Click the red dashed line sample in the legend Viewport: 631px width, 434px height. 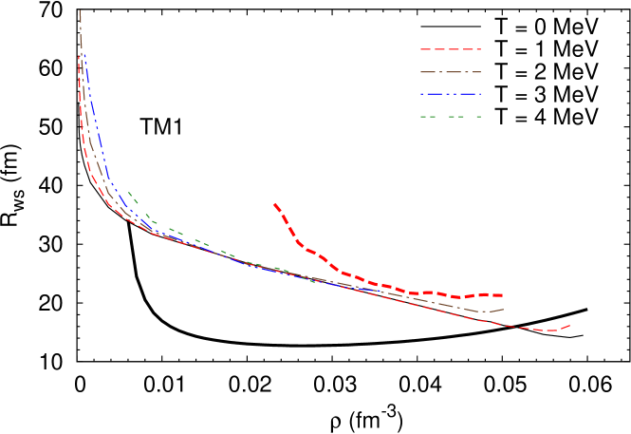[451, 49]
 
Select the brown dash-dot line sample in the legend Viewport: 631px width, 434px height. [451, 72]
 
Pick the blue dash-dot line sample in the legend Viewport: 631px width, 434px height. [451, 94]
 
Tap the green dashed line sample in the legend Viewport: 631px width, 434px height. [451, 117]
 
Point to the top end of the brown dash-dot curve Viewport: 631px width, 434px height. [79, 10]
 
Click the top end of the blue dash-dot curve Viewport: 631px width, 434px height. [84, 54]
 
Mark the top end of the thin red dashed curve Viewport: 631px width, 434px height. [79, 55]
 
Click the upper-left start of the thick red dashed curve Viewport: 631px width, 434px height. [274, 203]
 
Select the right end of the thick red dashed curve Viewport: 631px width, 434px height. [502, 295]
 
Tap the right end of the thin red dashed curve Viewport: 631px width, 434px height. [570, 325]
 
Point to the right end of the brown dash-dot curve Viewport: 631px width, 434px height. [503, 309]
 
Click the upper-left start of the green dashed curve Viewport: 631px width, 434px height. [128, 192]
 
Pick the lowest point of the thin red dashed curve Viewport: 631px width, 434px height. [550, 330]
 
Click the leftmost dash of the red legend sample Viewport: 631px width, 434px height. [426, 49]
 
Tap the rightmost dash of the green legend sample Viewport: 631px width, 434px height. [477, 117]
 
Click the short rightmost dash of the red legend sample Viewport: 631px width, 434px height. [478, 49]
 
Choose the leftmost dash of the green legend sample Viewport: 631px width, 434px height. [424, 117]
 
